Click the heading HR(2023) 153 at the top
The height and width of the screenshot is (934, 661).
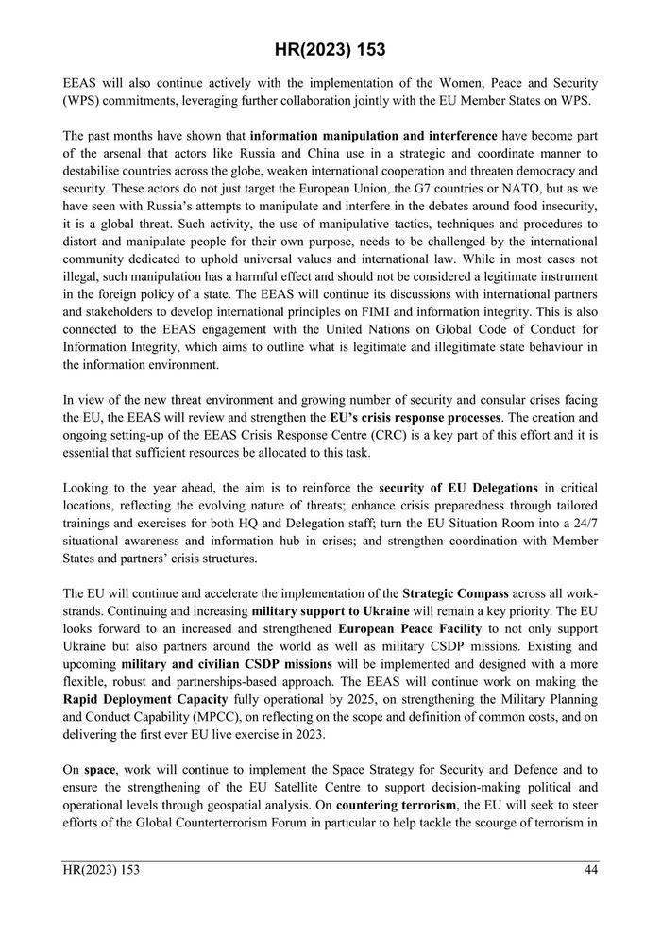pos(330,49)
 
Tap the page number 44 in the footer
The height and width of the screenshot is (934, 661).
pos(589,870)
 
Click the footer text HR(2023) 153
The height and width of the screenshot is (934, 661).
pos(101,870)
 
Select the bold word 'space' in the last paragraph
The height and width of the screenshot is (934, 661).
pos(99,770)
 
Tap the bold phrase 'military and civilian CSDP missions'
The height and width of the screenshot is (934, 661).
pos(227,665)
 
